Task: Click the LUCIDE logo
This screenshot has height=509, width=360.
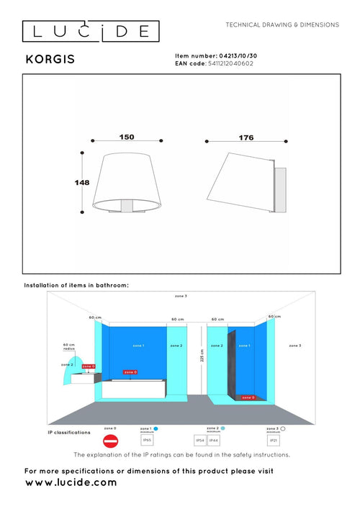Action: click(x=89, y=30)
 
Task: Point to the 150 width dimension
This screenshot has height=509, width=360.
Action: click(x=127, y=136)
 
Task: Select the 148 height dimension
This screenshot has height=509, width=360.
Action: click(x=81, y=183)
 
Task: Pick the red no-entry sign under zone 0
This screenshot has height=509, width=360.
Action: click(x=109, y=441)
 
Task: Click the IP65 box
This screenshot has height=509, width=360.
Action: click(x=147, y=439)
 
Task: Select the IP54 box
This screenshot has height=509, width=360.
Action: click(x=200, y=439)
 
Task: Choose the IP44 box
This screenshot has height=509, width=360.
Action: click(x=214, y=439)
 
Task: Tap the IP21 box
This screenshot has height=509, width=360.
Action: click(x=272, y=439)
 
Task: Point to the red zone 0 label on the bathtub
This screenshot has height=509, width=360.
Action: click(x=130, y=372)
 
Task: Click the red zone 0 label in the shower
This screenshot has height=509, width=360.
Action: click(x=248, y=397)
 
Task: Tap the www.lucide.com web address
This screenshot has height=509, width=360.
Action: click(x=71, y=483)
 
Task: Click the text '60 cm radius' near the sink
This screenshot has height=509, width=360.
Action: click(x=69, y=346)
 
